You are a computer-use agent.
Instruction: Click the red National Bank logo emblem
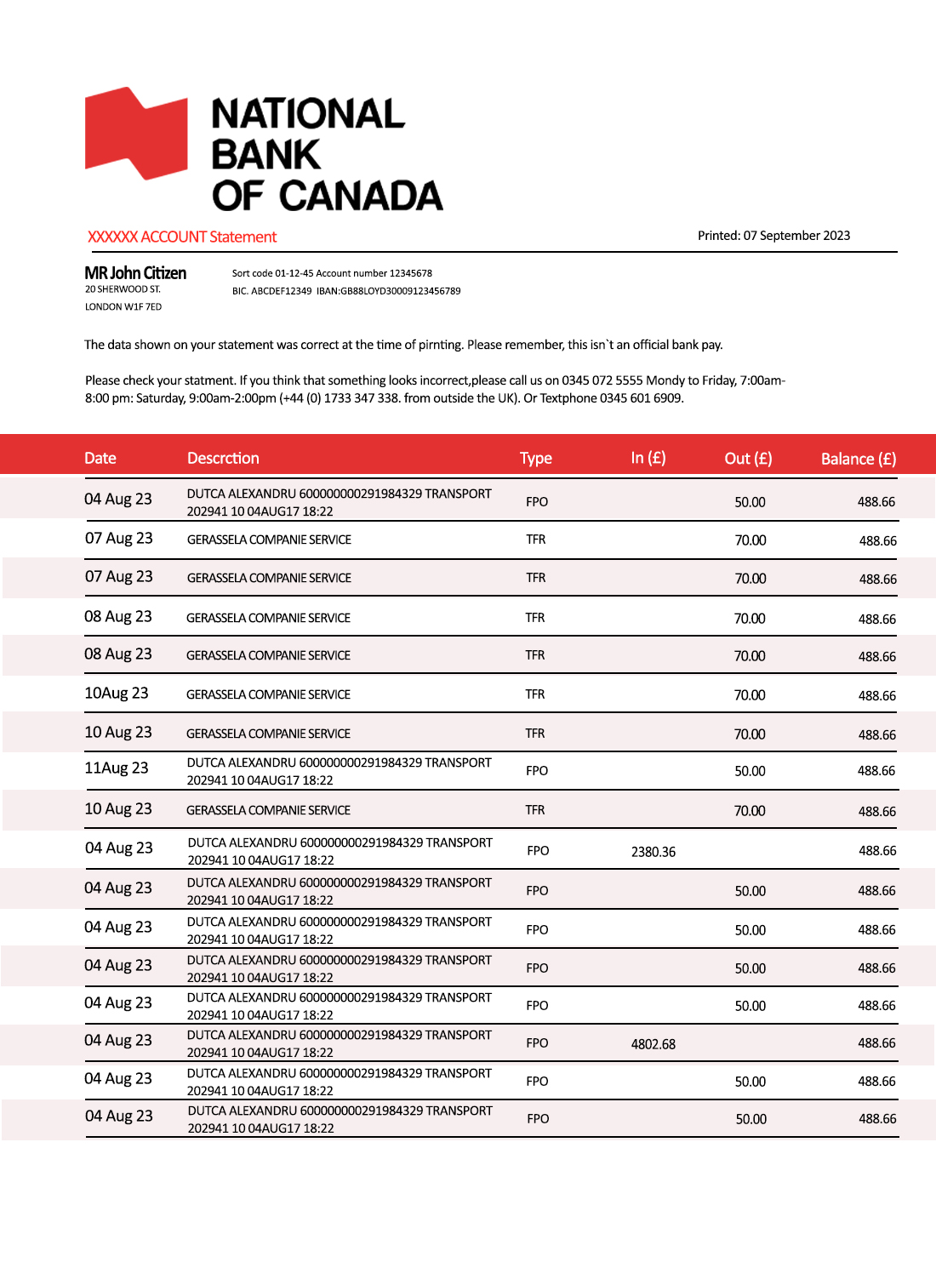(136, 134)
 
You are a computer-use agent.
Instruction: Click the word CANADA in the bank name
(361, 196)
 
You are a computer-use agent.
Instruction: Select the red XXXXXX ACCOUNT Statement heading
(182, 237)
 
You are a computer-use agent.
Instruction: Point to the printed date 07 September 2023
(796, 236)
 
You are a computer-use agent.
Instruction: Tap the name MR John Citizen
(135, 273)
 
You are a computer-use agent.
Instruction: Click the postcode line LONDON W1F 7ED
(123, 307)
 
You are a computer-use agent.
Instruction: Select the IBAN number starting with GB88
(401, 291)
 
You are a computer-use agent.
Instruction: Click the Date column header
(100, 458)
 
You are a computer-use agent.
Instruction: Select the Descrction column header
(223, 458)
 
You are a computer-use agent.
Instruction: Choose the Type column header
(536, 458)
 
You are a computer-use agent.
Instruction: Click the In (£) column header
(648, 458)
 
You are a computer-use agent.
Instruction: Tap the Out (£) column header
(748, 459)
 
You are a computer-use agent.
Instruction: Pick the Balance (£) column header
(858, 459)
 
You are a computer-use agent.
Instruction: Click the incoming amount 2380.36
(653, 852)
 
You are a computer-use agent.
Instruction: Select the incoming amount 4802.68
(653, 1044)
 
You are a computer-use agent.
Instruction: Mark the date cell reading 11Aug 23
(117, 768)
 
